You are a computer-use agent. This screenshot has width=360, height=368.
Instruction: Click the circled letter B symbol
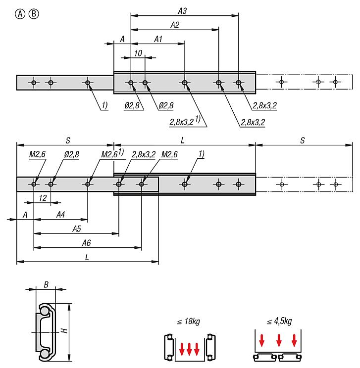33,14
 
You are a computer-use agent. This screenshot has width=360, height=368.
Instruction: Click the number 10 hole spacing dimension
138,53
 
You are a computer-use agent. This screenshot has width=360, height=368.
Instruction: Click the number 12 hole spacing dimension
43,197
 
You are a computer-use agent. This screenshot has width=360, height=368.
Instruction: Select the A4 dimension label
60,214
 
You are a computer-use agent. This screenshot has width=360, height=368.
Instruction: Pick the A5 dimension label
77,229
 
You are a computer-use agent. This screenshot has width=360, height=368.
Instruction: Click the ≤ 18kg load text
188,322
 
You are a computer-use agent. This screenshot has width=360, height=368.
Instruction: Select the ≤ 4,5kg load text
279,322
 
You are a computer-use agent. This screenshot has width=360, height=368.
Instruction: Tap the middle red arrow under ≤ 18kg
189,349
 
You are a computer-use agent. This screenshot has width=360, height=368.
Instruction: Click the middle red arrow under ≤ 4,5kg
279,341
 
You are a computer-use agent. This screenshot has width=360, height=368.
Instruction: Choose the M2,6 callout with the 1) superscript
112,154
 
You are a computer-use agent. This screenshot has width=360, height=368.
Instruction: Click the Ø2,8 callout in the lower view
71,154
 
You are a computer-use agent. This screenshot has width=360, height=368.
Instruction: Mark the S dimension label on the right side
302,140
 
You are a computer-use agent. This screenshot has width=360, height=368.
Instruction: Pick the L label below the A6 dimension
87,257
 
